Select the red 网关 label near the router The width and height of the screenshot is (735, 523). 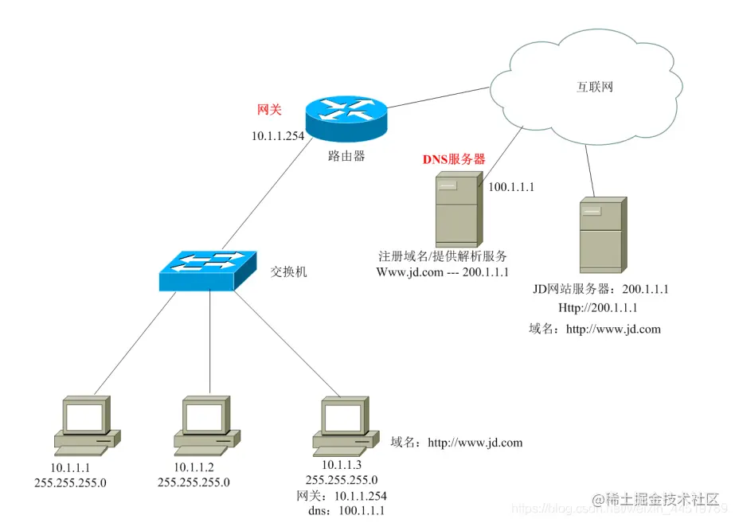click(x=269, y=110)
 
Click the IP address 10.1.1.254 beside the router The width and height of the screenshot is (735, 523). click(x=278, y=136)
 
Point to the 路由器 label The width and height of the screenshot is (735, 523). click(x=346, y=156)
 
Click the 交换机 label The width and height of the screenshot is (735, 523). click(x=288, y=272)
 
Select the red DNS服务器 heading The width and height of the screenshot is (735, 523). click(x=453, y=159)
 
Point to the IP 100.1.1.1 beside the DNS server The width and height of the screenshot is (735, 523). click(x=510, y=187)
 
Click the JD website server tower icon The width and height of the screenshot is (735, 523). click(x=601, y=235)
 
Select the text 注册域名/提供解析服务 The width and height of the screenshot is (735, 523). click(x=443, y=256)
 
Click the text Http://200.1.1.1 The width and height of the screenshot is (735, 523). click(x=598, y=307)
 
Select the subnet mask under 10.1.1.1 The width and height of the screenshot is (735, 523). click(x=70, y=482)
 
